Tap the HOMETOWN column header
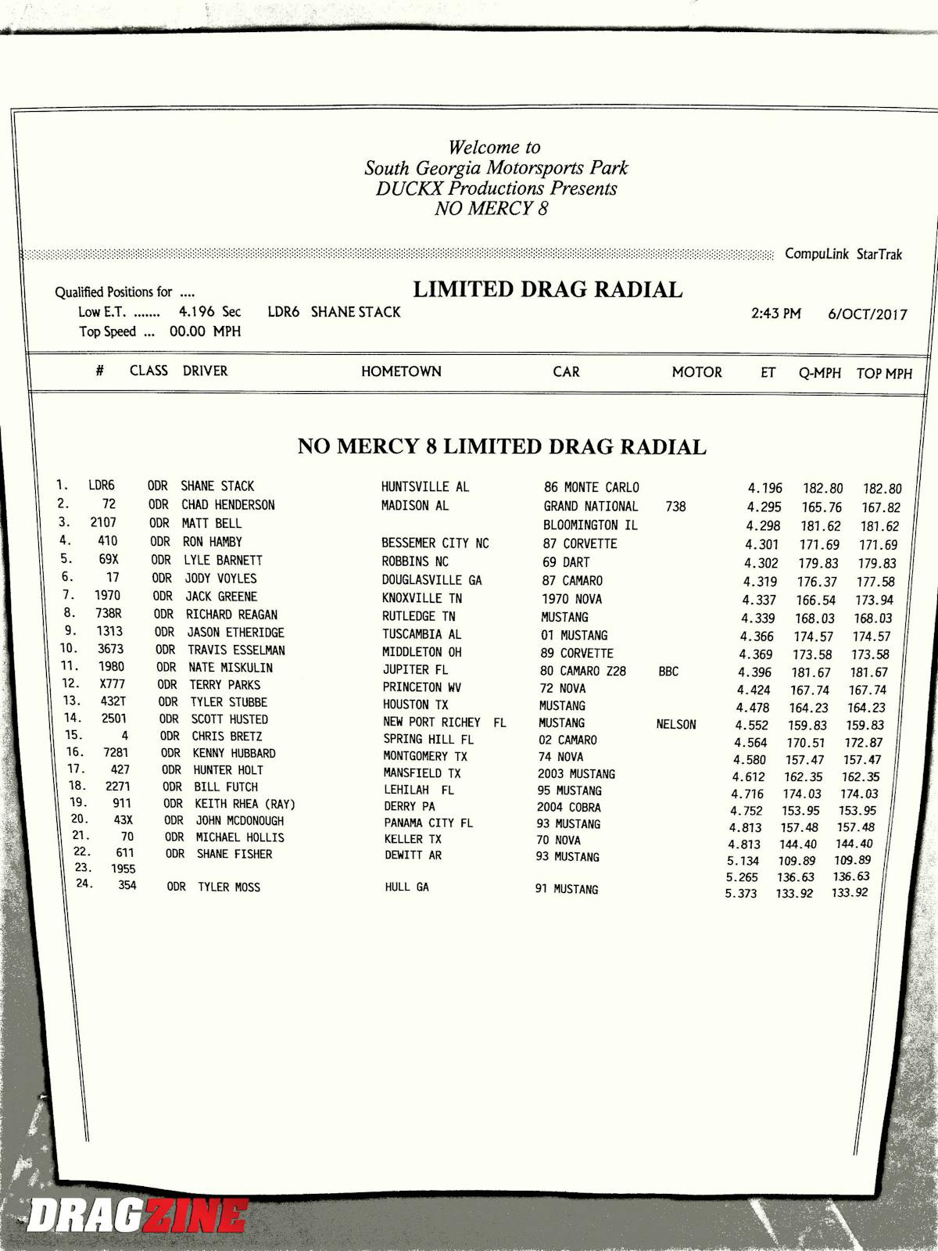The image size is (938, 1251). coord(401,371)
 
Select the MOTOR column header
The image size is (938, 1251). coord(696,372)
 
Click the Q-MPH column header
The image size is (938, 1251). coord(819,373)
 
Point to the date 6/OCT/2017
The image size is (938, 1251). coord(868,314)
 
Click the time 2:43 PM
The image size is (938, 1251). coord(775,314)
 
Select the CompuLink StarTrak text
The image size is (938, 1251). coord(843,254)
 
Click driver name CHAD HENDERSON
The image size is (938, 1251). coord(228,505)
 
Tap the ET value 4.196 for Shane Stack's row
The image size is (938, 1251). coord(764,488)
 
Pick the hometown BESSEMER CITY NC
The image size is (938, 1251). coord(435,543)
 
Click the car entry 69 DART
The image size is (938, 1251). coord(566,562)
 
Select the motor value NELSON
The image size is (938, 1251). coord(676,725)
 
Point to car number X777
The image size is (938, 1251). coord(113,684)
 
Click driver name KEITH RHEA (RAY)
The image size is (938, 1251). coord(245,804)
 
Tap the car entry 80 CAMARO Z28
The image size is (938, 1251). coord(582,671)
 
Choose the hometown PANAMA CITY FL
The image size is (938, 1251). coord(428,823)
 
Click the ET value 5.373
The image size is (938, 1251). coord(740,894)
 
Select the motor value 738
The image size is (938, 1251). coord(675,507)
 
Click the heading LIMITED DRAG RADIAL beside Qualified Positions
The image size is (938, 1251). coord(547,290)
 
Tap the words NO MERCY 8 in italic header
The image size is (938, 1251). coord(491,209)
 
